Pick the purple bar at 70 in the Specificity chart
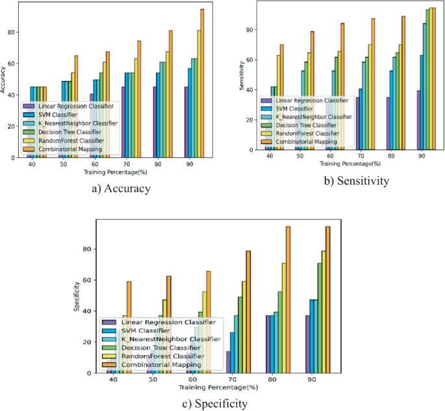[x=228, y=362]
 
